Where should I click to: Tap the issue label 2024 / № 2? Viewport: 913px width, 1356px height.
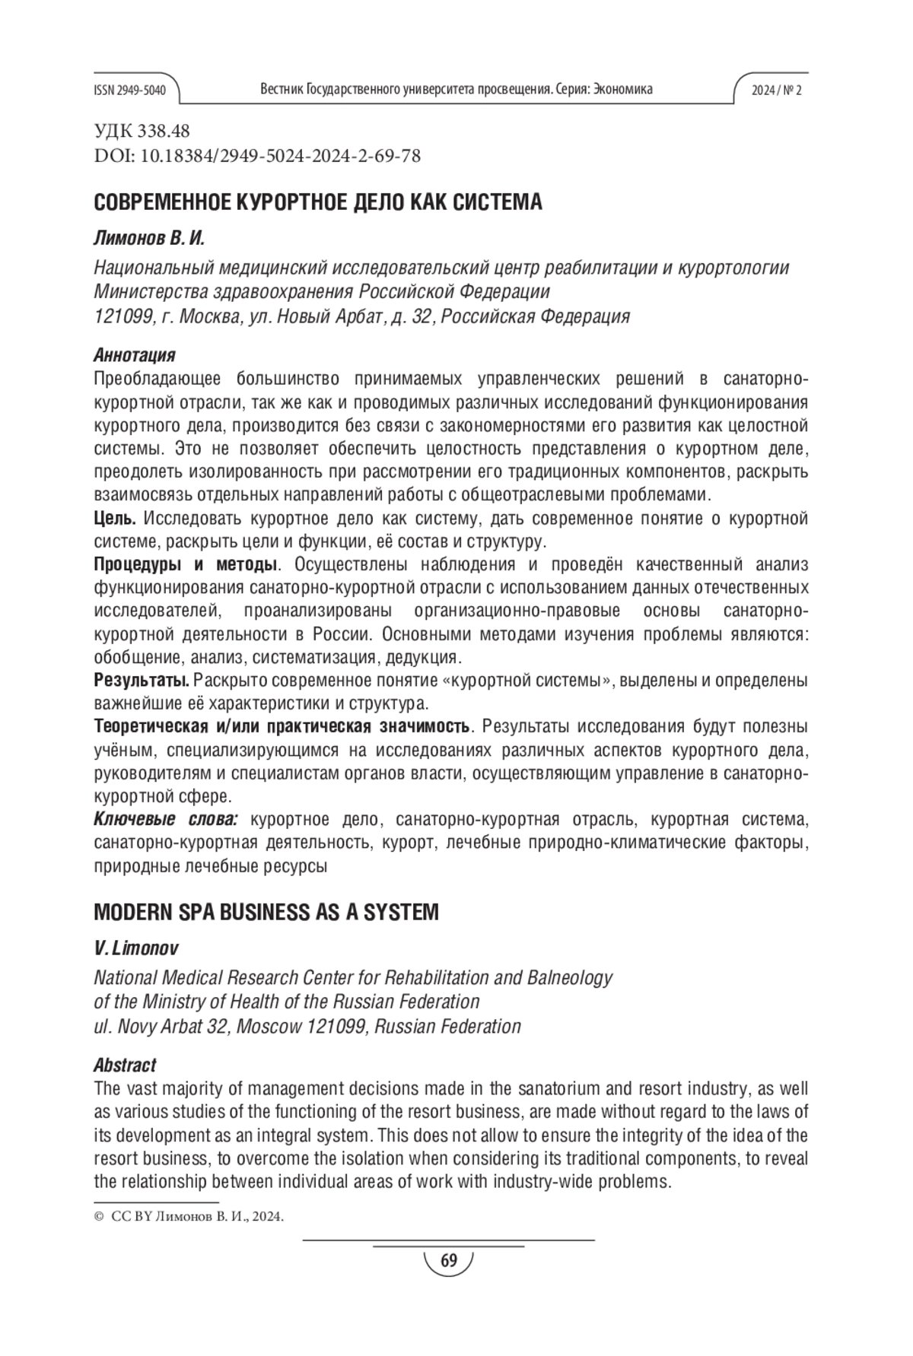click(776, 90)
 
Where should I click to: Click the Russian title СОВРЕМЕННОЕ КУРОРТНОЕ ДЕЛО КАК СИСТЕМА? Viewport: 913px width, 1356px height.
click(317, 203)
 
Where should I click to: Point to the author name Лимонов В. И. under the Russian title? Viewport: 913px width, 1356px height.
click(149, 239)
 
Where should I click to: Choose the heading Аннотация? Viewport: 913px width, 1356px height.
click(134, 355)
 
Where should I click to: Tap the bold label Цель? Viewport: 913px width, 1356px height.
click(114, 519)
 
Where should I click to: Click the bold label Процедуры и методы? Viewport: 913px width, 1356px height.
click(184, 564)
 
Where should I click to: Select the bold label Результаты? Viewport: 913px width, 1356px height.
click(142, 680)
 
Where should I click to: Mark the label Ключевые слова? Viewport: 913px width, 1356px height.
click(166, 819)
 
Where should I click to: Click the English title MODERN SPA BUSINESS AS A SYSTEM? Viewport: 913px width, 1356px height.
click(266, 912)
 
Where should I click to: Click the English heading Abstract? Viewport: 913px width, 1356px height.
click(125, 1065)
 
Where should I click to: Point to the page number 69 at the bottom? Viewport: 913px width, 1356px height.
click(449, 1262)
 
